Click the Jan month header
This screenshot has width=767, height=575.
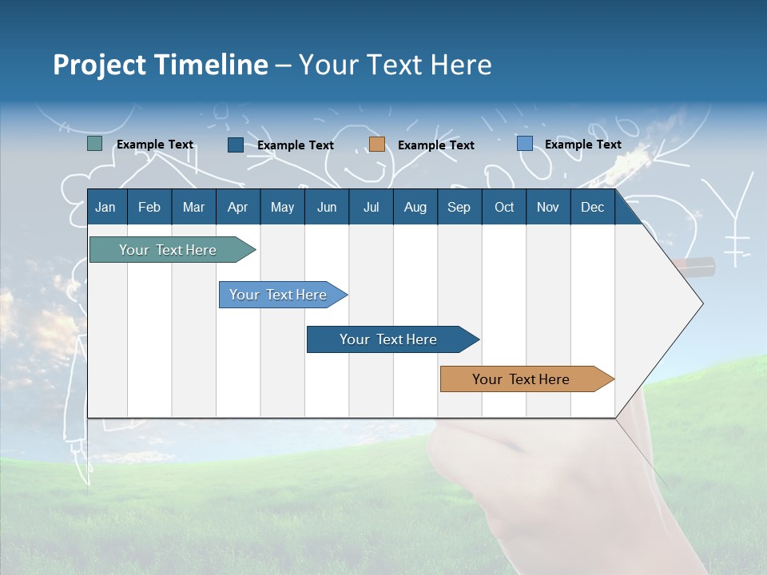105,207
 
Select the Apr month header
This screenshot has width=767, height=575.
237,207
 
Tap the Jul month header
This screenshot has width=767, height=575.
371,207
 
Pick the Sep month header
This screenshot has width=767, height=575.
459,207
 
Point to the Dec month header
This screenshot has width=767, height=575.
592,207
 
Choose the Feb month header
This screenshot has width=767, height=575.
149,207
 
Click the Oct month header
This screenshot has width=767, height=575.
504,207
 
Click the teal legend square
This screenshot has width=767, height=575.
95,144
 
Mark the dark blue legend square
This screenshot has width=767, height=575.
236,145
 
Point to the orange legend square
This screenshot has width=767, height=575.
377,144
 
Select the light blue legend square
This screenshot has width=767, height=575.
525,144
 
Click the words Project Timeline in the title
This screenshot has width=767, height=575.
160,65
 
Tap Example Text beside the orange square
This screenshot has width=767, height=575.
435,145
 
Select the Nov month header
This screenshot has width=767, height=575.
547,207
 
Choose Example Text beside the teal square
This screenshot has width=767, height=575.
155,145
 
